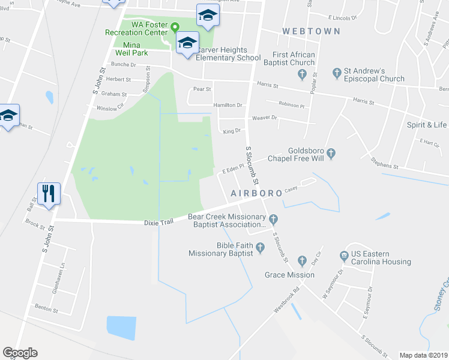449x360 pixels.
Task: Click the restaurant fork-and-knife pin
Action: [49, 193]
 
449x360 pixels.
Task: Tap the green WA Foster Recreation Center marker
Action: [175, 27]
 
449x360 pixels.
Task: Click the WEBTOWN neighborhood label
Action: [312, 31]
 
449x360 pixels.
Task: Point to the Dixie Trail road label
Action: [158, 222]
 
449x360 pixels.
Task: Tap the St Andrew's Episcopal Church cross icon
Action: [337, 73]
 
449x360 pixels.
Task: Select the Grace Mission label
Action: [289, 275]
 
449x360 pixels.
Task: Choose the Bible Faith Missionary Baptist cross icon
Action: [260, 247]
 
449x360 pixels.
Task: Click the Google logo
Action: [20, 353]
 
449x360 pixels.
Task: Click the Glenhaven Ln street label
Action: [62, 277]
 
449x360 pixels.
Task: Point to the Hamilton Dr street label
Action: [230, 105]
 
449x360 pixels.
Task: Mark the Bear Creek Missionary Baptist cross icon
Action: [273, 218]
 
